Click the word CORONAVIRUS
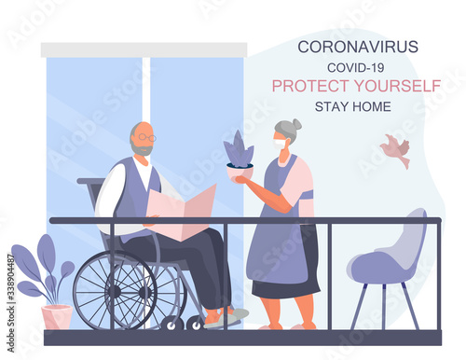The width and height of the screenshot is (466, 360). (x=358, y=47)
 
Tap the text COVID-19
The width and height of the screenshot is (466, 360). (x=355, y=67)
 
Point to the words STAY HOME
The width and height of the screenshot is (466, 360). (x=352, y=105)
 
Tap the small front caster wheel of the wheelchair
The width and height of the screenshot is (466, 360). (x=172, y=323)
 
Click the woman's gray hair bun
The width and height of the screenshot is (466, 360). (x=296, y=123)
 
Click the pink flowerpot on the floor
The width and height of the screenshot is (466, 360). (x=56, y=317)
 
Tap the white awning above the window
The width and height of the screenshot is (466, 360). (x=144, y=49)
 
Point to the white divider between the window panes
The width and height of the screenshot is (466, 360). (x=145, y=89)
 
